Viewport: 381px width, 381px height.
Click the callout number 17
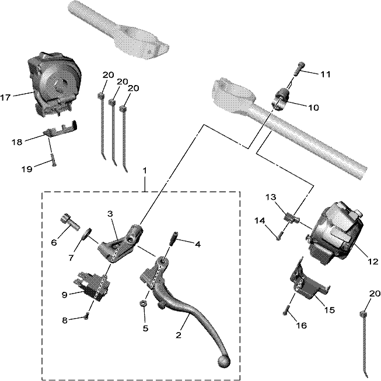(x=5, y=97)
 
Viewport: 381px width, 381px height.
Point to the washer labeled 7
(x=87, y=233)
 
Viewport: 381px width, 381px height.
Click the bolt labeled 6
(x=70, y=221)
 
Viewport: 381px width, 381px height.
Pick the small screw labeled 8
(x=86, y=316)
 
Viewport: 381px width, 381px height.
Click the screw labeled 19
(x=53, y=160)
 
